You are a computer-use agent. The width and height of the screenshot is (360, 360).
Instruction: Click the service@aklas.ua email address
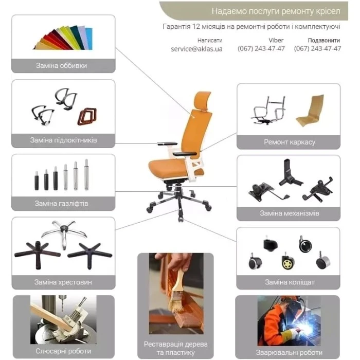[196, 49]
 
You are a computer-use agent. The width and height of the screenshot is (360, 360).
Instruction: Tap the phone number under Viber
[261, 48]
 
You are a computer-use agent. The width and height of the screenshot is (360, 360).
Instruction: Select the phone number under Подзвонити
[317, 48]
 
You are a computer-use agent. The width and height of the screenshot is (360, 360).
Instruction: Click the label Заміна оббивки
[62, 66]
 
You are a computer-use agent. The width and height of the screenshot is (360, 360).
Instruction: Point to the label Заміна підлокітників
[63, 140]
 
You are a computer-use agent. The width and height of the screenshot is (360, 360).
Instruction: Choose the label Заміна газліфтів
[61, 204]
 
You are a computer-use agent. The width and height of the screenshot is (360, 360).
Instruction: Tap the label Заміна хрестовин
[63, 282]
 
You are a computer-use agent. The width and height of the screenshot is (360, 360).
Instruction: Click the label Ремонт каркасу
[290, 142]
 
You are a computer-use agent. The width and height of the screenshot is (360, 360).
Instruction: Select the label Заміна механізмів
[289, 213]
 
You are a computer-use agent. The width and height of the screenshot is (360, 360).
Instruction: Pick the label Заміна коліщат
[290, 282]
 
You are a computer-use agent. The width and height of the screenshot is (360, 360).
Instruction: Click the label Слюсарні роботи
[63, 351]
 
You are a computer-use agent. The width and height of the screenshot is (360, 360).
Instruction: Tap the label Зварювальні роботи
[289, 352]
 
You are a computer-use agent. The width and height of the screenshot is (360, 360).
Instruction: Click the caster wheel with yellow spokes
[287, 261]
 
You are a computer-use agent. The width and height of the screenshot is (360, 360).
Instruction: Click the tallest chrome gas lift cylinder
[86, 174]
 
